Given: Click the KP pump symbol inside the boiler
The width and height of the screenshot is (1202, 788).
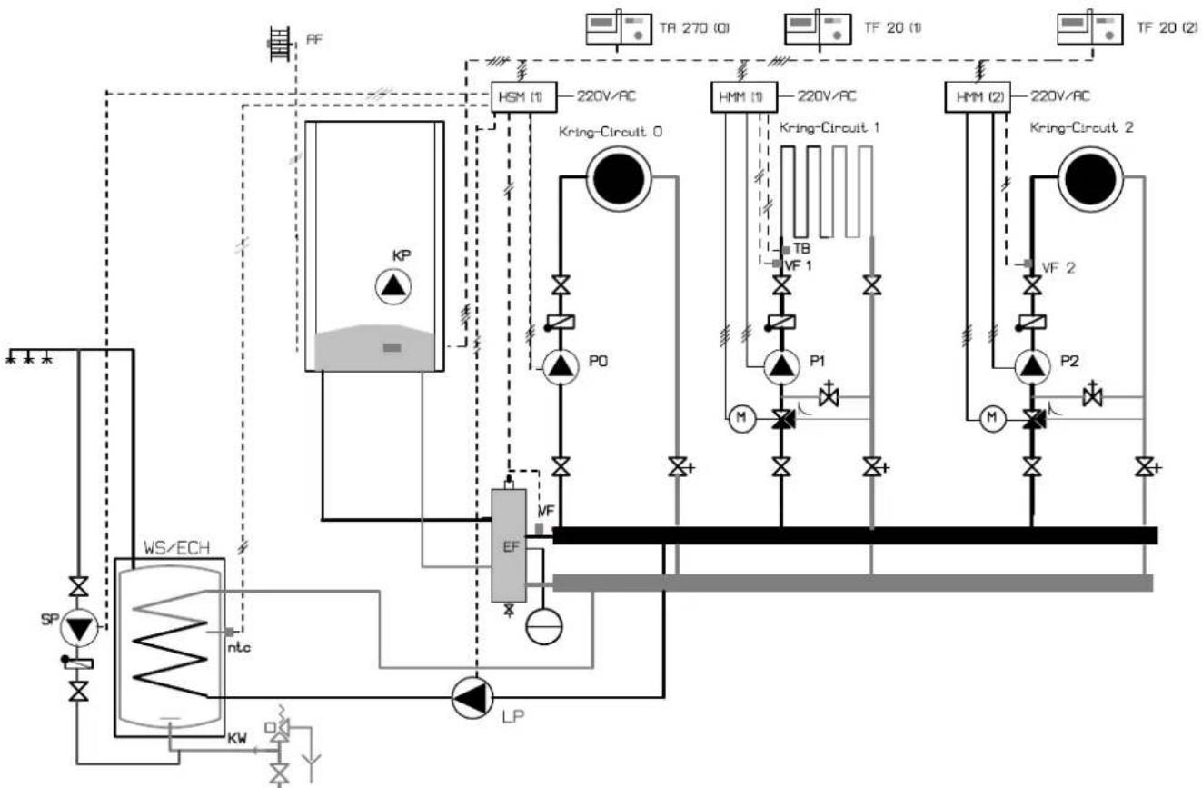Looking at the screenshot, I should (x=393, y=286).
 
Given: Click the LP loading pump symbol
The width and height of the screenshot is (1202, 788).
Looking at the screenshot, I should (x=471, y=697).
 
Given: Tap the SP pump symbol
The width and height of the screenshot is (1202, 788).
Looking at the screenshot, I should (x=79, y=627).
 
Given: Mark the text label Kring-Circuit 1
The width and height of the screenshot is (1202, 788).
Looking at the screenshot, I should (x=829, y=128).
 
